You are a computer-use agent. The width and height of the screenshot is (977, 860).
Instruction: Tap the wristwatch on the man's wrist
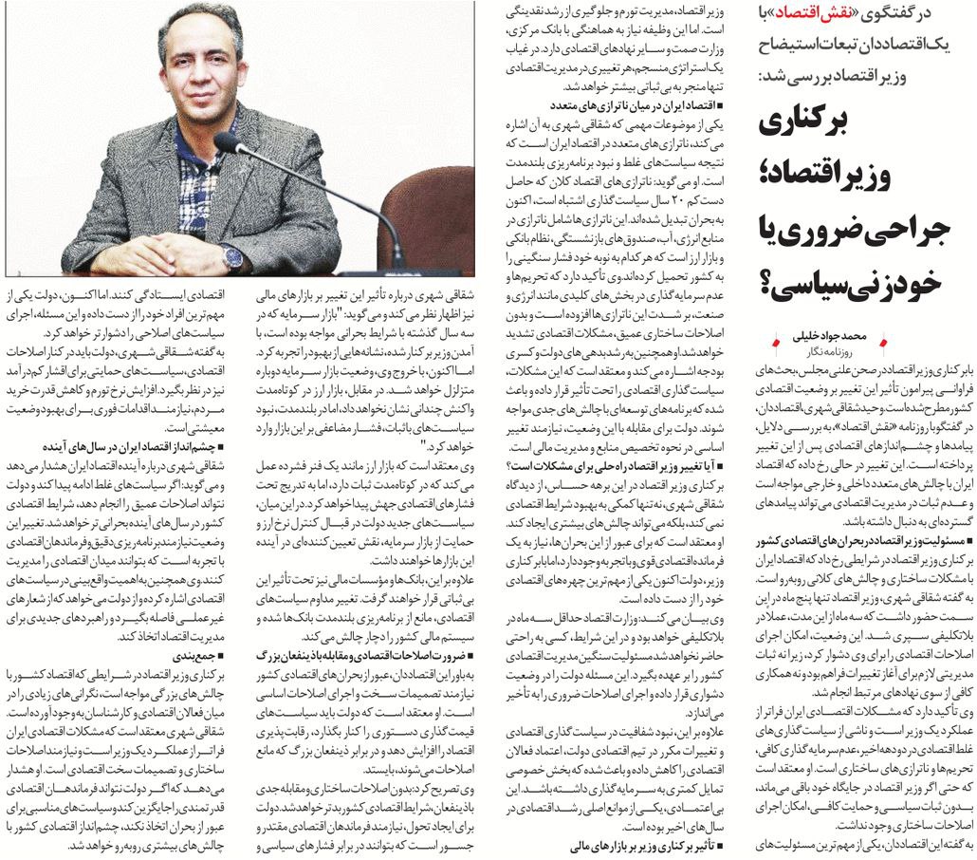click(x=232, y=255)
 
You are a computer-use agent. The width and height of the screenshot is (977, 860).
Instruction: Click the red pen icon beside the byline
click(x=887, y=340)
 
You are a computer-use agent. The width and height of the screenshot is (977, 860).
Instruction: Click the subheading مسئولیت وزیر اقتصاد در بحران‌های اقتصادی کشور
click(x=860, y=541)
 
